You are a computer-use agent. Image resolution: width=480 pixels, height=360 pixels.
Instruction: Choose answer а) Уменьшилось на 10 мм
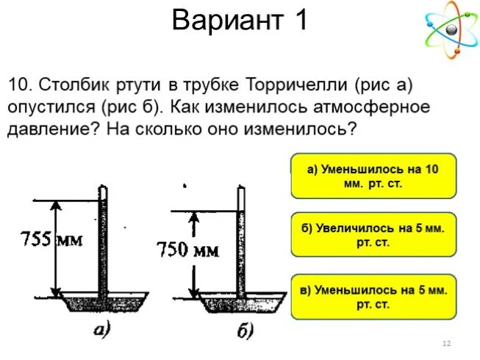[373, 176]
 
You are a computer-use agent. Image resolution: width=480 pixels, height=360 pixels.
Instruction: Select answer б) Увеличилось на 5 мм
[373, 235]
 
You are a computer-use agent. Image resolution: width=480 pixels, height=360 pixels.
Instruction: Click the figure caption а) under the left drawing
[102, 330]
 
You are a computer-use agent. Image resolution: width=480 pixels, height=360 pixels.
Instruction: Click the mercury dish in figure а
[103, 301]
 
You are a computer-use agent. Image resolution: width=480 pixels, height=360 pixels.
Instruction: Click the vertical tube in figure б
[240, 242]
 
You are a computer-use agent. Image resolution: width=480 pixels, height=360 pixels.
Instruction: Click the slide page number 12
[445, 344]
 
